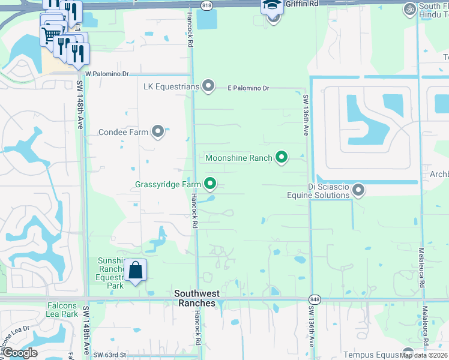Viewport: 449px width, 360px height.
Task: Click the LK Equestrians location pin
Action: [208, 86]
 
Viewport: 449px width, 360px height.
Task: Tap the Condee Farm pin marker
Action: [158, 131]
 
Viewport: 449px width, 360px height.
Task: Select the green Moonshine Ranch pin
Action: [281, 158]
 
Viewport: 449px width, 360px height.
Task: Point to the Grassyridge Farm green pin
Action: [210, 184]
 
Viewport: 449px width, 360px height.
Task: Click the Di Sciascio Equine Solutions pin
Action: [358, 190]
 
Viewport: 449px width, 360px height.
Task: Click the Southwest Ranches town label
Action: [197, 298]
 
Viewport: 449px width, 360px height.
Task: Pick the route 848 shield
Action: [314, 299]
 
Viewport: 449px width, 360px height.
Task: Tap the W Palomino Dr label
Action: [107, 74]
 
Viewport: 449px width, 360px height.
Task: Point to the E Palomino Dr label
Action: [248, 88]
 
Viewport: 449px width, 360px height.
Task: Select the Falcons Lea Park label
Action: [62, 310]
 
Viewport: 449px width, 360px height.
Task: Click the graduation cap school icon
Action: [271, 6]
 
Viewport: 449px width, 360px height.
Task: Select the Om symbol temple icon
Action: [409, 8]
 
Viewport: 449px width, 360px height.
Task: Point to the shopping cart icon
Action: [51, 35]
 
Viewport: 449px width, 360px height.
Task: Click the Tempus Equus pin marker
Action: [408, 353]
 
